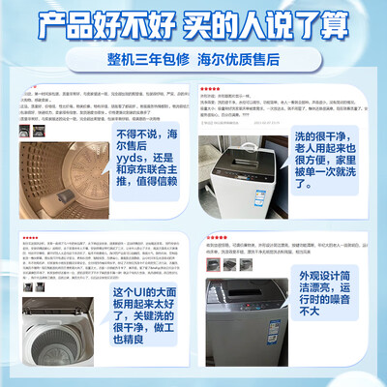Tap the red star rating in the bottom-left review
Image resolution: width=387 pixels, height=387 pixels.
(x=29, y=236)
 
